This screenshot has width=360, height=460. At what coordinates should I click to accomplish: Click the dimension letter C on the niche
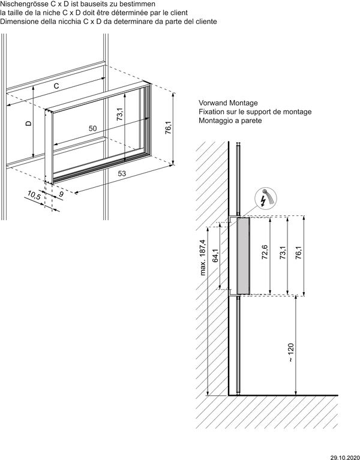pyautogui.click(x=56, y=86)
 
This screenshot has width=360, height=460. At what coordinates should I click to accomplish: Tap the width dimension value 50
pyautogui.click(x=93, y=128)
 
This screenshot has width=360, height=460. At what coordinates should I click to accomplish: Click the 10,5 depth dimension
pyautogui.click(x=34, y=195)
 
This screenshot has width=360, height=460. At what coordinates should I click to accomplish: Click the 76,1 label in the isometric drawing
pyautogui.click(x=169, y=128)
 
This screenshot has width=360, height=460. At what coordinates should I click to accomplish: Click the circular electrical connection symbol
pyautogui.click(x=265, y=198)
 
